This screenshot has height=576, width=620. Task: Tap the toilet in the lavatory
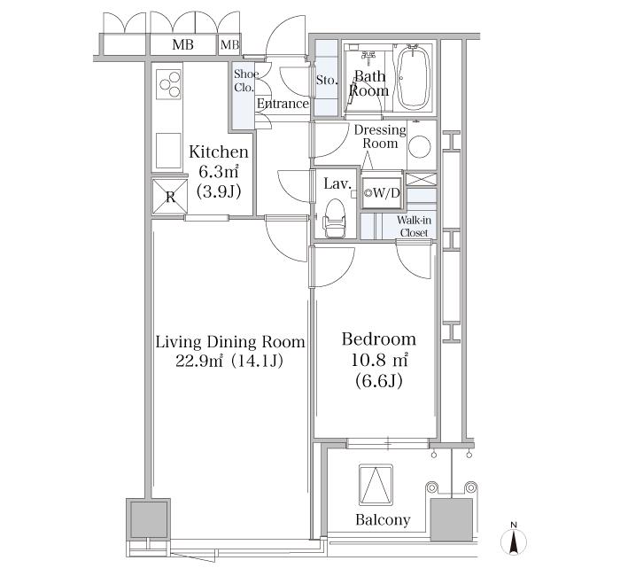click(335, 217)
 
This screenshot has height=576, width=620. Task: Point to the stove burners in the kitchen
click(168, 84)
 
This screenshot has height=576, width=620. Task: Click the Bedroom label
click(379, 339)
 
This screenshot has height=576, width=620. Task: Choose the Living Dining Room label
click(230, 342)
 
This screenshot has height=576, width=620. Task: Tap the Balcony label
click(383, 520)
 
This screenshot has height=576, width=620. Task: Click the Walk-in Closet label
click(414, 227)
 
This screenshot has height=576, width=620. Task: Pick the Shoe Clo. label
click(244, 81)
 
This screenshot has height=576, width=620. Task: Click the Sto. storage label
click(326, 81)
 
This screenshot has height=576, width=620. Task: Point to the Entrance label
click(283, 104)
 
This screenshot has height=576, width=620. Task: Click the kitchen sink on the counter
click(168, 149)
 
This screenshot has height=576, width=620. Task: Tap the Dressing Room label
click(379, 136)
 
